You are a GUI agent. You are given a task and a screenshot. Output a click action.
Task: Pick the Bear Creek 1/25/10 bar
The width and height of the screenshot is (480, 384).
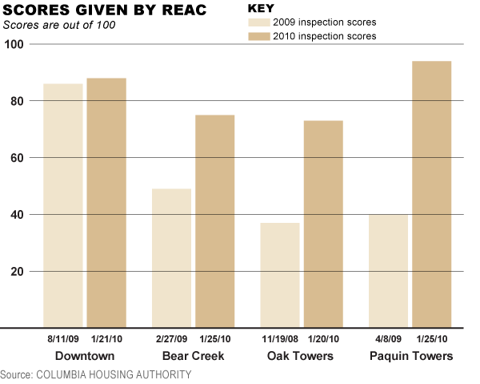(215, 221)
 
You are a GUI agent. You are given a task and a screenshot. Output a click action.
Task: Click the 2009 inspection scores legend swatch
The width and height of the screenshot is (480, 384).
(259, 22)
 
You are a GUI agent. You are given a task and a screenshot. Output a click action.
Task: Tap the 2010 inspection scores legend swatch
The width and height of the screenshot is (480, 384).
(259, 36)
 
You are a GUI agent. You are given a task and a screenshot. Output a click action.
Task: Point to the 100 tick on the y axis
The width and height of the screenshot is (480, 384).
(15, 44)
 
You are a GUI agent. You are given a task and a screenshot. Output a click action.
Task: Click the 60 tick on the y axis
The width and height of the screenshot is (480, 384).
(15, 158)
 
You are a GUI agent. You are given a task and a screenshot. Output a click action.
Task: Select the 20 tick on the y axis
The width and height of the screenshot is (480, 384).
(15, 272)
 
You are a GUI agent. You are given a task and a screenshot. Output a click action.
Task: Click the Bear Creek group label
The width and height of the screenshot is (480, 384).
(193, 356)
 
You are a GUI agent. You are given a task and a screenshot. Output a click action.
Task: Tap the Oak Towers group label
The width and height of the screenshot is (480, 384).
(302, 356)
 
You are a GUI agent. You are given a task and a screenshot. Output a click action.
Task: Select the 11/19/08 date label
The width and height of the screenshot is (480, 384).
(279, 340)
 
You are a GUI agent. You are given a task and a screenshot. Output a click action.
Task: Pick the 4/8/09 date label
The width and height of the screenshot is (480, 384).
(389, 340)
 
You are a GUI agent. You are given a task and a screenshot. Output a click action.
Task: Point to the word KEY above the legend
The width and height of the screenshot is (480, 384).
(261, 8)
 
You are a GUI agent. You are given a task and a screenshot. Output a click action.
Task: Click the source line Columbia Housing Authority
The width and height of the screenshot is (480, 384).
(96, 375)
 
